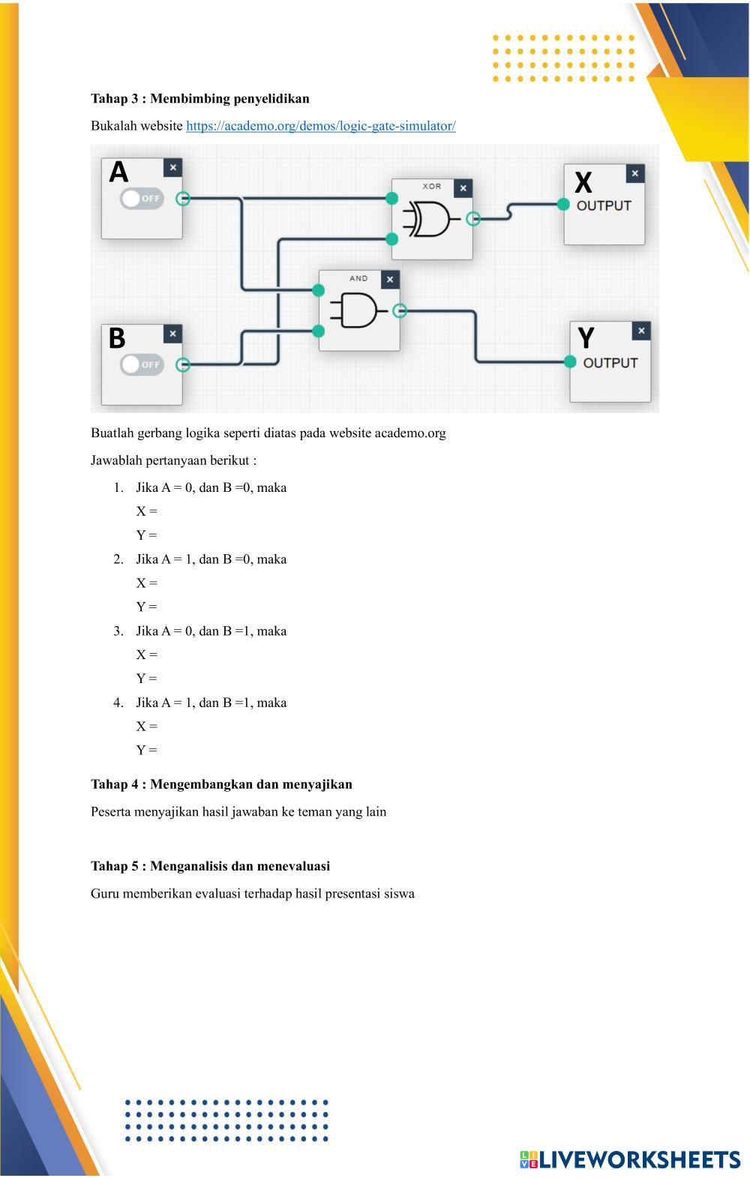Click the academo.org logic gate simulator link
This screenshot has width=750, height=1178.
coord(320,126)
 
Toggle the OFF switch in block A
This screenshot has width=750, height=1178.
coord(142,199)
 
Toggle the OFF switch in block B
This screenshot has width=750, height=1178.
coord(142,364)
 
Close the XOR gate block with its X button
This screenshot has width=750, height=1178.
coord(463,188)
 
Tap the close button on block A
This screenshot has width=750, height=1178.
coord(172,168)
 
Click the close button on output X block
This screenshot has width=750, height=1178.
coord(634,173)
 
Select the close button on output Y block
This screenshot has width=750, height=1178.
coord(640,331)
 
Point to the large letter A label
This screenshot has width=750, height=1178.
coord(118,172)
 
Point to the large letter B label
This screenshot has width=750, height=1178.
coord(117,338)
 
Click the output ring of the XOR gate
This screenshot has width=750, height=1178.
coord(473,218)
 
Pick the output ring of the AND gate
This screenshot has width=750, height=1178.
coord(400,310)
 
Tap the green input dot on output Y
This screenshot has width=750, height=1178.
coord(570,362)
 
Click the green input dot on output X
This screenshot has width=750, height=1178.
coord(564,205)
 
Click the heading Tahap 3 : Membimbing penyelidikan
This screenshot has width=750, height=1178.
coord(199,99)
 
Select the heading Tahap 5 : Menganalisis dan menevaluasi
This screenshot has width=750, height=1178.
coord(210,866)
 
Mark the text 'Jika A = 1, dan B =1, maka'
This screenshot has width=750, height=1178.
coord(211,703)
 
